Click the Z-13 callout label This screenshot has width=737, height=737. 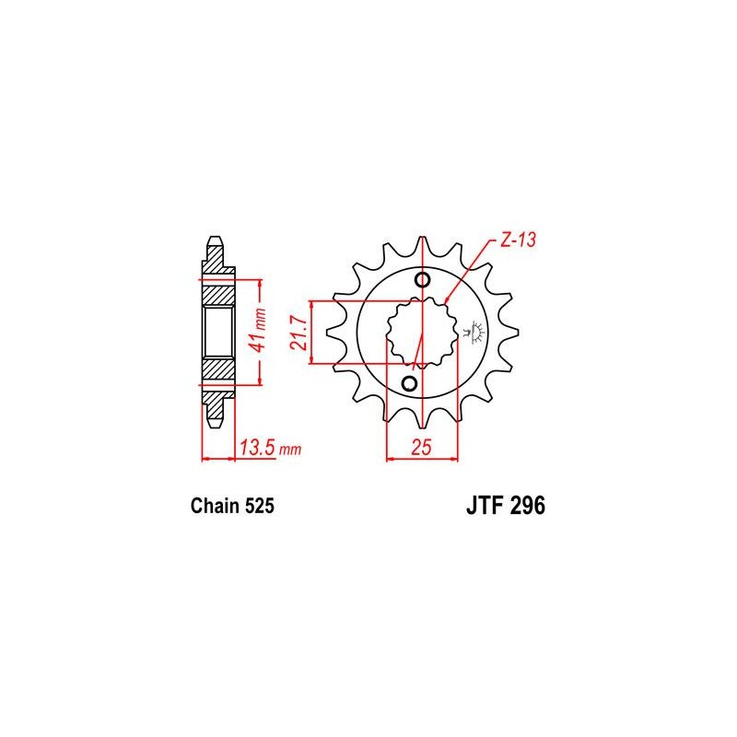(x=518, y=240)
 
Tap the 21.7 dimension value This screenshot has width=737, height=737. (x=298, y=333)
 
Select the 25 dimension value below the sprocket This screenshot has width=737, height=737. (x=421, y=447)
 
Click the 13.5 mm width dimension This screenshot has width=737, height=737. (x=270, y=448)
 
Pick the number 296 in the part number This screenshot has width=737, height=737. (x=528, y=506)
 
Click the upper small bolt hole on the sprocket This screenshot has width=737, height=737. (x=423, y=280)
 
